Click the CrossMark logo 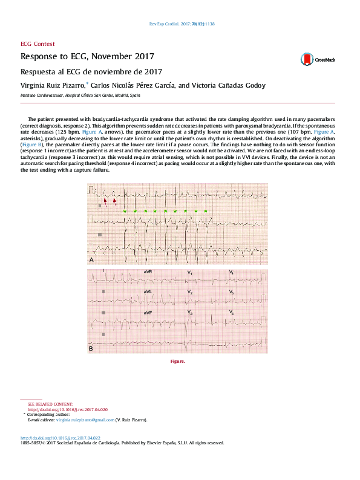(x=318, y=59)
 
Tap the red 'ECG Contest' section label (x=38, y=44)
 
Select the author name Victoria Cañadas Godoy (x=231, y=85)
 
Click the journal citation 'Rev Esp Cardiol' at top (x=166, y=24)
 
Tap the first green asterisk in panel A (x=125, y=211)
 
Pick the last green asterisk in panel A (x=206, y=211)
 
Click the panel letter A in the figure (x=91, y=259)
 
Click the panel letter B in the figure (x=91, y=349)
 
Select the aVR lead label (x=148, y=273)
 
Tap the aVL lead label (x=148, y=292)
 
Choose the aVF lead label (x=148, y=312)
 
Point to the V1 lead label (x=190, y=273)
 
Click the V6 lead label (x=232, y=312)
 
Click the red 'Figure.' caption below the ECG (x=177, y=362)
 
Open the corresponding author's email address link (x=81, y=420)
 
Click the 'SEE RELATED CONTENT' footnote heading (x=50, y=403)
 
